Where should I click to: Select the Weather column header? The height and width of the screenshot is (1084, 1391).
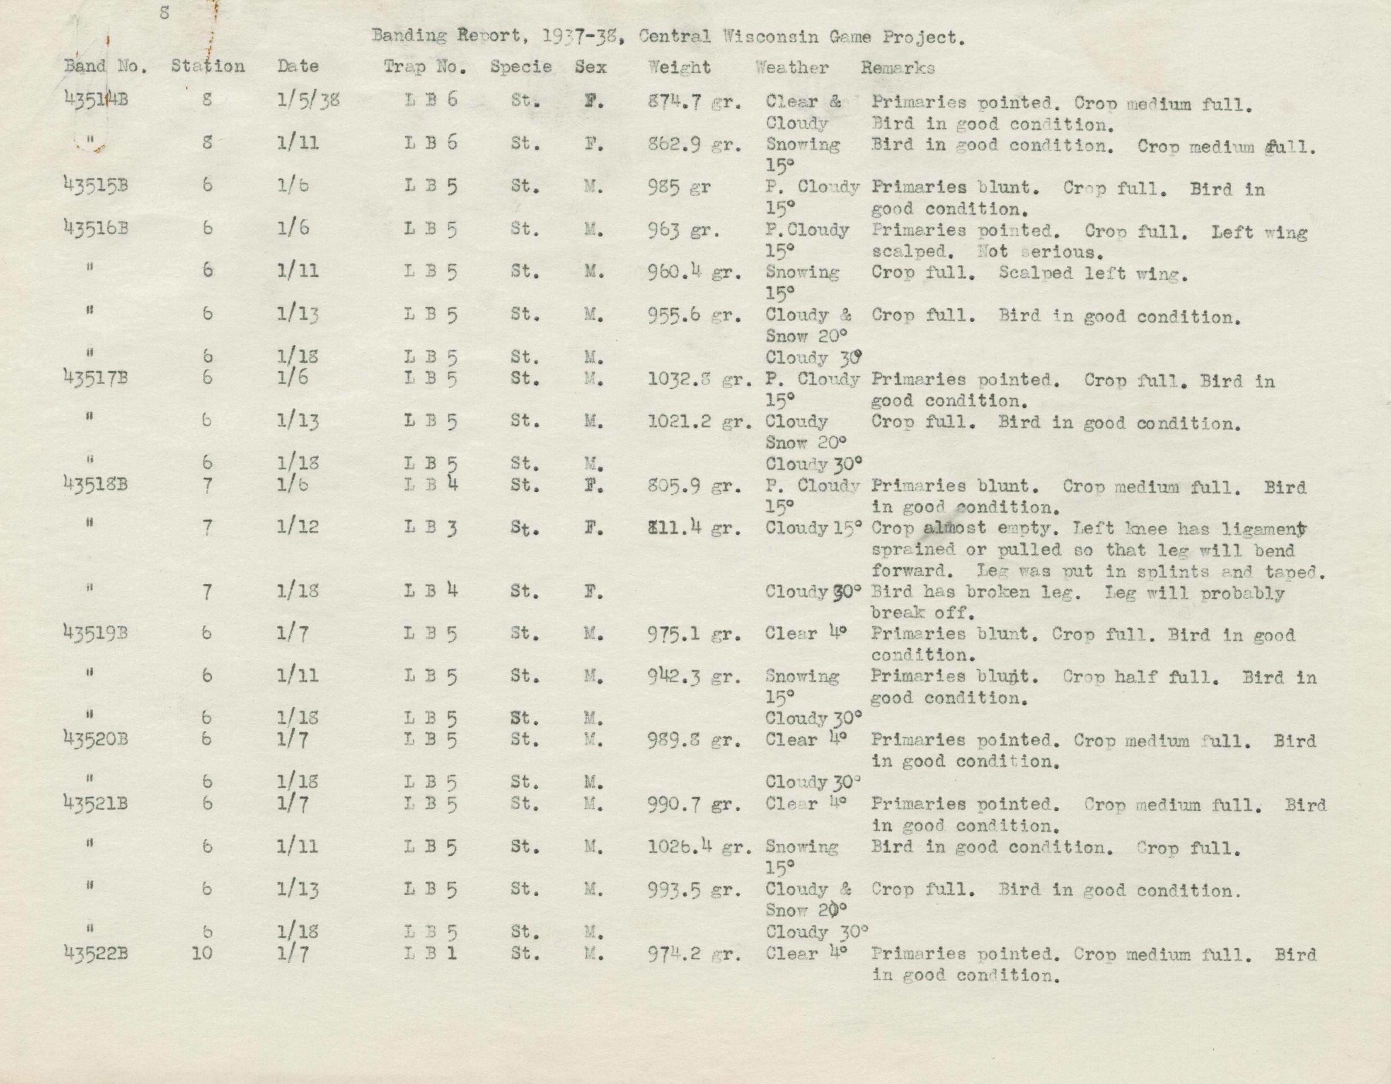coord(792,67)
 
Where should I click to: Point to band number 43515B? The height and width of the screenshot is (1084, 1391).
coord(96,185)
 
